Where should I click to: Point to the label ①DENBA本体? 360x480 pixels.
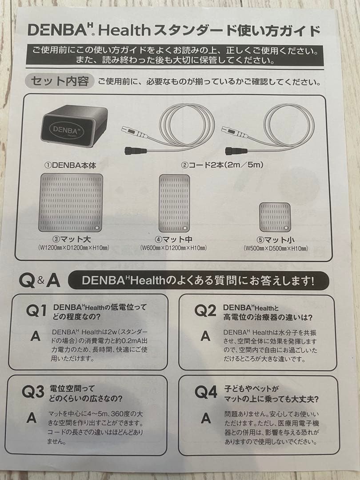click(70, 165)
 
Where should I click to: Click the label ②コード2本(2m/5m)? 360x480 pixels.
click(222, 165)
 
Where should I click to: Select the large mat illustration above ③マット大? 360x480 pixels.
click(71, 203)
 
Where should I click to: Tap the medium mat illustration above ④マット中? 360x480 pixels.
click(174, 203)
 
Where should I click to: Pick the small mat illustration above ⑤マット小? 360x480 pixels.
click(275, 216)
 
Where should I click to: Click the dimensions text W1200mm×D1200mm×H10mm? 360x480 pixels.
click(74, 248)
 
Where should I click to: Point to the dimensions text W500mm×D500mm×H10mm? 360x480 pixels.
click(276, 248)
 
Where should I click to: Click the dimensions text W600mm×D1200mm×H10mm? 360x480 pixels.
click(173, 248)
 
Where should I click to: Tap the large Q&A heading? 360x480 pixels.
click(40, 280)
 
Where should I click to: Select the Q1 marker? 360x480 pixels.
click(36, 311)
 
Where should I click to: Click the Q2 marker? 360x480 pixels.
click(205, 311)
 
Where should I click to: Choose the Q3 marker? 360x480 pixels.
click(33, 392)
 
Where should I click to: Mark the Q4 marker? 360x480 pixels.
click(206, 392)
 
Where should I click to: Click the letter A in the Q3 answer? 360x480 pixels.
click(32, 417)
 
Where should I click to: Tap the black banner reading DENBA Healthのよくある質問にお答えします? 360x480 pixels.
click(199, 281)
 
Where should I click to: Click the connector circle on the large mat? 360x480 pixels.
click(98, 227)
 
